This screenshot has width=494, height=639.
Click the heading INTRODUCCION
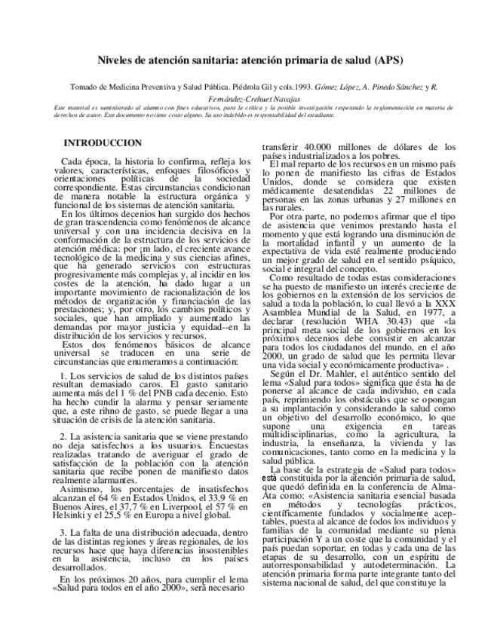(x=103, y=142)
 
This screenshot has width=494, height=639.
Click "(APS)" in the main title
(x=383, y=60)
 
